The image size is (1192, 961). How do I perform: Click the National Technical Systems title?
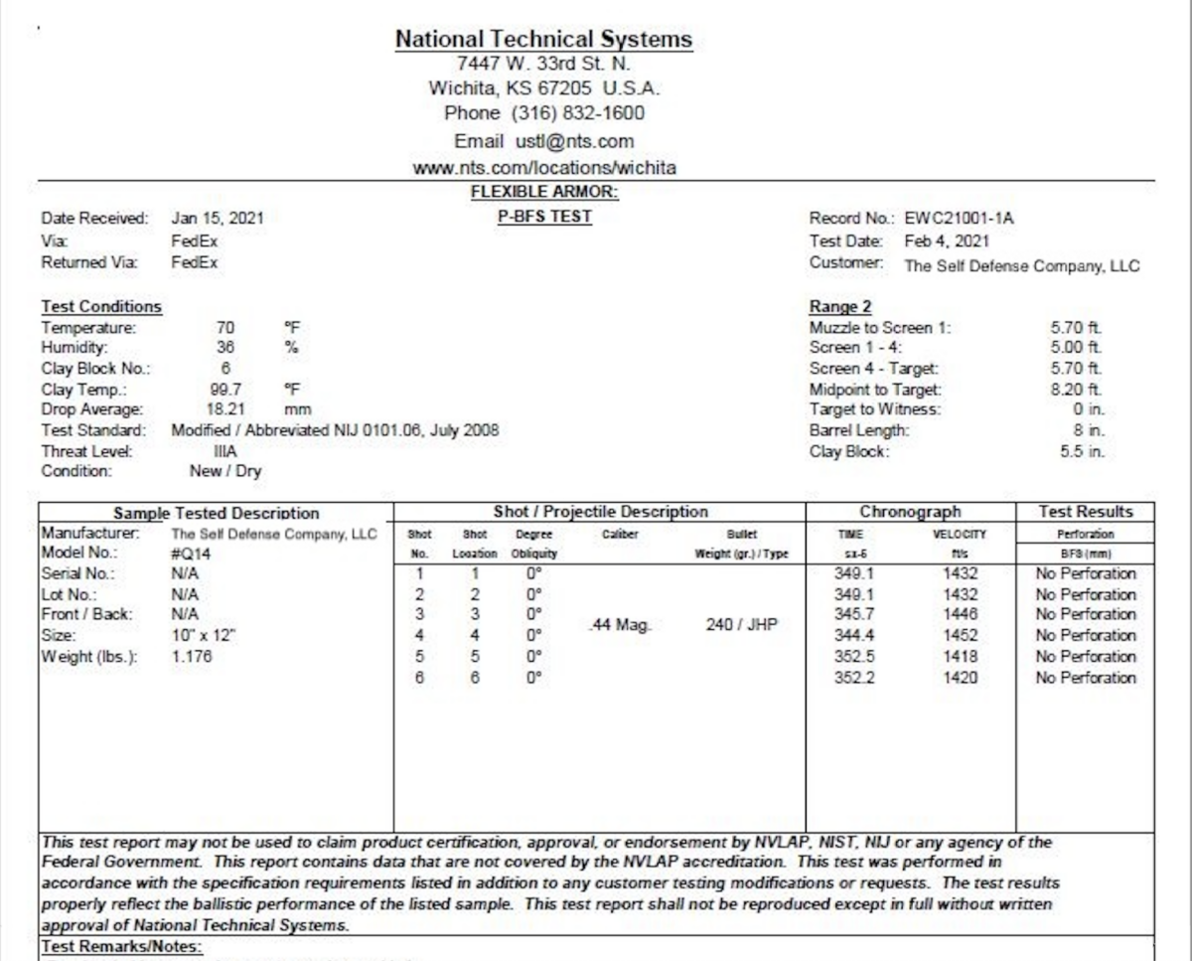click(543, 40)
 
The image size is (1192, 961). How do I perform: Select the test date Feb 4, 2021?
click(947, 241)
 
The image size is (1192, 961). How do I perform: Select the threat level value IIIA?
click(225, 451)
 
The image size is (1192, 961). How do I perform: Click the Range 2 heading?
click(839, 307)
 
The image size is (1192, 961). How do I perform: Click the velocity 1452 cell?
click(962, 636)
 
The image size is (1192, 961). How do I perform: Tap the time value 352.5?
click(855, 657)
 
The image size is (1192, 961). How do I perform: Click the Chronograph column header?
click(910, 513)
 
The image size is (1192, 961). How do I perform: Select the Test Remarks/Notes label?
click(121, 946)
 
